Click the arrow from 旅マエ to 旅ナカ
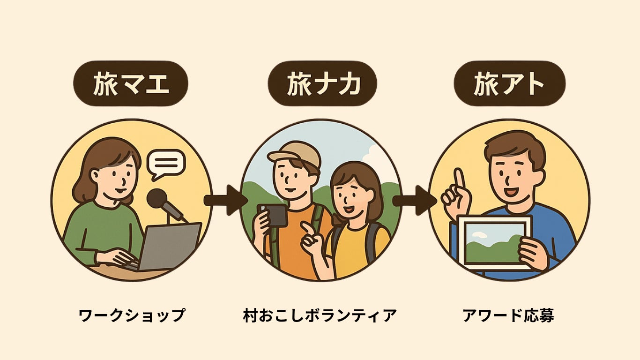225,200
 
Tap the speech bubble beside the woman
166,164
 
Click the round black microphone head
156,199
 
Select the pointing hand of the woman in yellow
310,234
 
